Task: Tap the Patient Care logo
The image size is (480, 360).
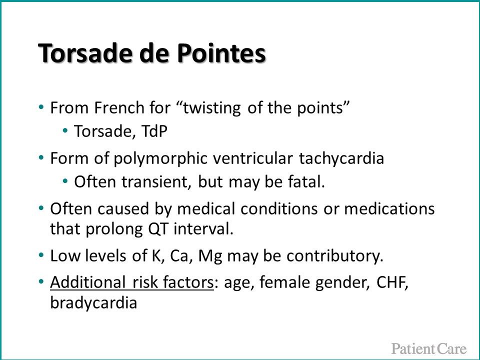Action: pyautogui.click(x=429, y=348)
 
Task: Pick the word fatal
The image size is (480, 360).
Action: pyautogui.click(x=306, y=182)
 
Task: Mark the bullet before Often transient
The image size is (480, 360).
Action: pyautogui.click(x=64, y=182)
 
